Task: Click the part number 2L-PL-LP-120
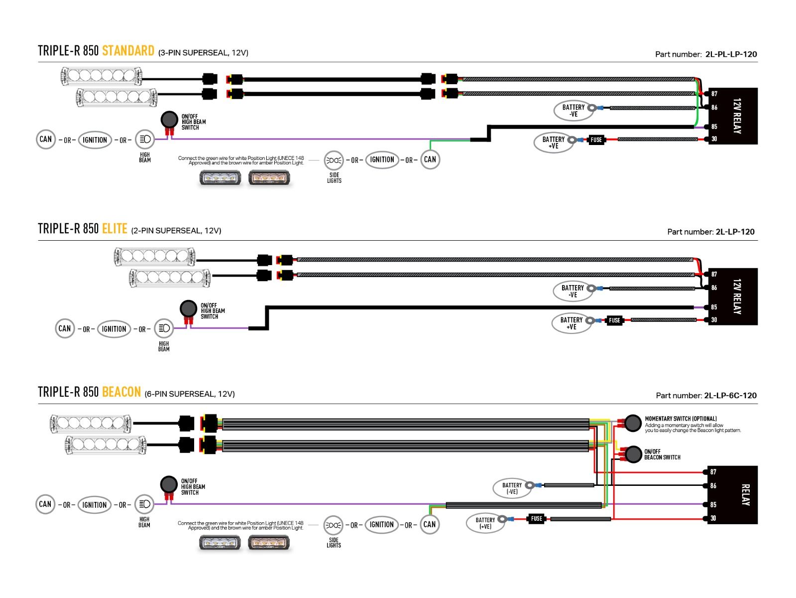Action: click(731, 54)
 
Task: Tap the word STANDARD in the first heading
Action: click(128, 51)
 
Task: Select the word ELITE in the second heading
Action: click(114, 229)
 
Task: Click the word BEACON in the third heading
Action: click(121, 392)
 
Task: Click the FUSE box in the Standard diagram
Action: click(596, 140)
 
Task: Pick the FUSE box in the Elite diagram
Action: click(614, 320)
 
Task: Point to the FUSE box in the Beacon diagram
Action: click(536, 519)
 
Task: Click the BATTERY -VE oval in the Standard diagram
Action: click(573, 111)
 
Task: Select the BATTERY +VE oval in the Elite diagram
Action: click(571, 323)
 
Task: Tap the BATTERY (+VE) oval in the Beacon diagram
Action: click(485, 523)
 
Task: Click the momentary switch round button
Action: click(633, 423)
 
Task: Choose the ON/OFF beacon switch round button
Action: click(633, 454)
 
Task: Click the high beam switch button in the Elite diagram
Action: click(188, 308)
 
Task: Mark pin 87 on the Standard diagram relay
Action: click(714, 94)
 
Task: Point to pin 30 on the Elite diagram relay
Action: click(714, 320)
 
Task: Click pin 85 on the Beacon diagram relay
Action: click(713, 505)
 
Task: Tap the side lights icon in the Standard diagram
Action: click(334, 160)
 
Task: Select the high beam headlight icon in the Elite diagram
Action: click(164, 328)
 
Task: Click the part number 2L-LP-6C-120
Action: click(730, 396)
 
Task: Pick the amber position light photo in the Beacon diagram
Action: click(269, 543)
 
